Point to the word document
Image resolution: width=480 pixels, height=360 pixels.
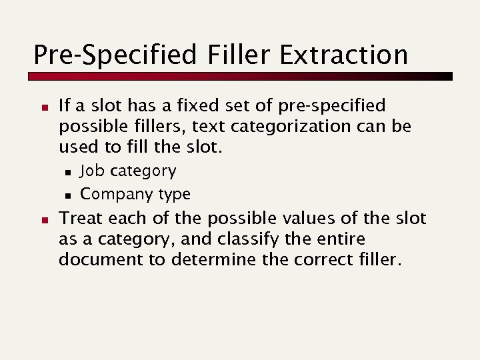click(x=101, y=259)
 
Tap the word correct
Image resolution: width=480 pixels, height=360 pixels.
click(x=322, y=259)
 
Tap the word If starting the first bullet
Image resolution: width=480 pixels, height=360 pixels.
click(x=65, y=106)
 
